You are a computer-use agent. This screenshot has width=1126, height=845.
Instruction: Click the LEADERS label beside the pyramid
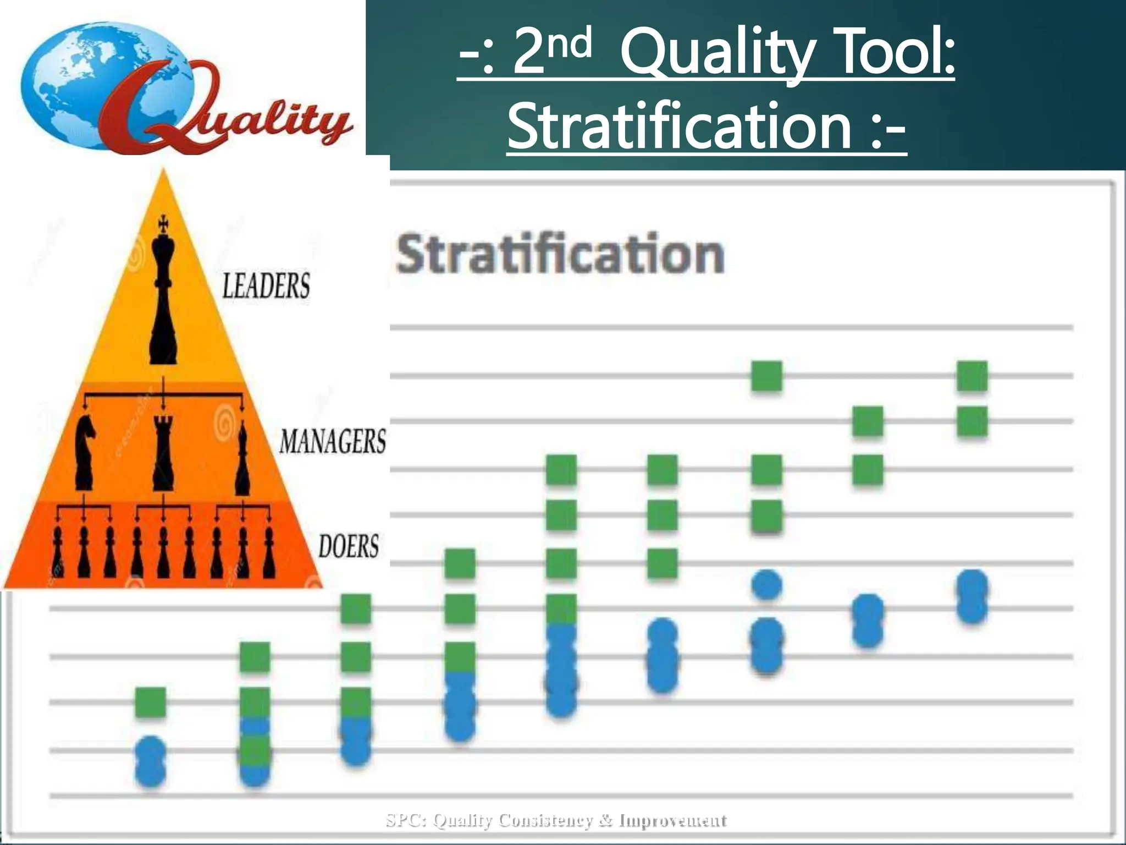tap(266, 286)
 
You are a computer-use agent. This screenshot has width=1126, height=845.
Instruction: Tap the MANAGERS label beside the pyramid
tap(333, 442)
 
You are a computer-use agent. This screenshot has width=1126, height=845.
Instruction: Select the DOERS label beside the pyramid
tap(349, 546)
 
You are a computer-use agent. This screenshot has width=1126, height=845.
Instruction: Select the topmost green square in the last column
tap(972, 376)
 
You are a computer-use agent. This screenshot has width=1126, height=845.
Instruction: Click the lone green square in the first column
tap(150, 703)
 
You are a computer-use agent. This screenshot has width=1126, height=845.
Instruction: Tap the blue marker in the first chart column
tap(150, 762)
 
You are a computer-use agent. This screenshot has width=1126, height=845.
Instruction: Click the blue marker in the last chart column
tap(972, 597)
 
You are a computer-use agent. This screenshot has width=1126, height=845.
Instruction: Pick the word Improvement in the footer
tap(672, 821)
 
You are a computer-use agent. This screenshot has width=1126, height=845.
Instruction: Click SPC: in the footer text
tap(406, 821)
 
